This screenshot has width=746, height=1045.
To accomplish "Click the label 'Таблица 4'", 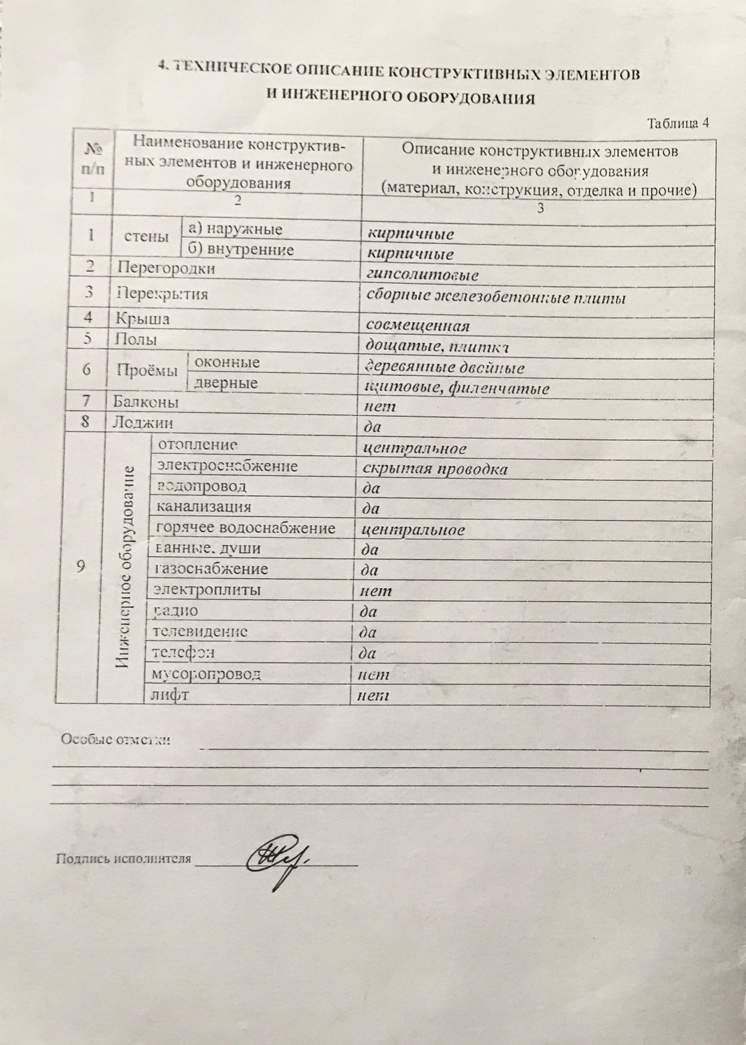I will (x=677, y=123).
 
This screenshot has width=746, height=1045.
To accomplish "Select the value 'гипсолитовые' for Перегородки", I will (x=423, y=275).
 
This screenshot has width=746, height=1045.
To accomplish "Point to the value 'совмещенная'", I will (x=418, y=326).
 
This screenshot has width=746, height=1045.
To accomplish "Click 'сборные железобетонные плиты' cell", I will (x=496, y=298).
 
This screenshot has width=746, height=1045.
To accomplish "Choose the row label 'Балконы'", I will (x=146, y=402).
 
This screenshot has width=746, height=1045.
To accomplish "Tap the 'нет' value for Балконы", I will (x=379, y=406).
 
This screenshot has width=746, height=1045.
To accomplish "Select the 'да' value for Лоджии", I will (x=372, y=427).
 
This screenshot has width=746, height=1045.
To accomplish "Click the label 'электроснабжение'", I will (x=227, y=466).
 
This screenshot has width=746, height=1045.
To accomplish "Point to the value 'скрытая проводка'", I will (x=434, y=469).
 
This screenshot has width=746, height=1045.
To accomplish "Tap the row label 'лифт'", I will (x=170, y=695).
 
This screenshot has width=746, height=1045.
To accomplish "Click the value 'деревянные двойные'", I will (x=443, y=368).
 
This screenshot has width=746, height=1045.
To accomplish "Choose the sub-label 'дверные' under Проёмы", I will (x=226, y=383).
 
